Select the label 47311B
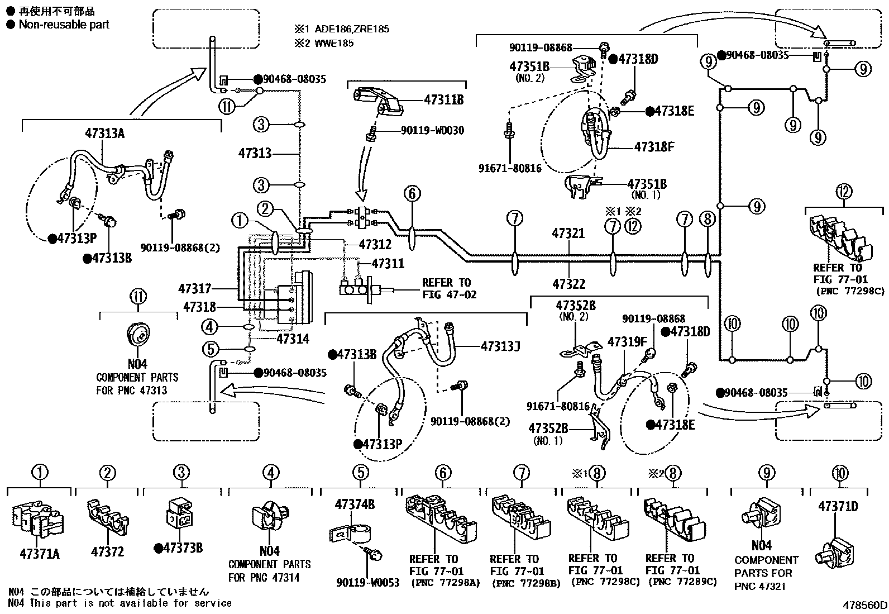(x=444, y=101)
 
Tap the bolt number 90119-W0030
(x=432, y=131)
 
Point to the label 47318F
(x=654, y=147)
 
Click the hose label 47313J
(x=500, y=346)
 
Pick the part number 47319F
(x=627, y=341)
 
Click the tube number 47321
(x=568, y=234)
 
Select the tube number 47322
(x=568, y=284)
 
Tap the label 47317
(x=195, y=289)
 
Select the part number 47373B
(x=183, y=548)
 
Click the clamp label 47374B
(x=355, y=504)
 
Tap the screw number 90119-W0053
(x=368, y=583)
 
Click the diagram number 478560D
(x=865, y=605)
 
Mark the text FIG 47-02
(x=450, y=294)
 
